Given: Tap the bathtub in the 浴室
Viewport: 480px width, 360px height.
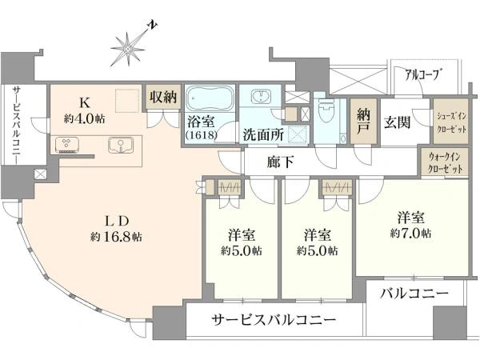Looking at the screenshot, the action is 210,98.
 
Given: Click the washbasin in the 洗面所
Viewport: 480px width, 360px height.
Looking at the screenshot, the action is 261,96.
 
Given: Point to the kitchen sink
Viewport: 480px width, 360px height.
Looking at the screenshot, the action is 121,145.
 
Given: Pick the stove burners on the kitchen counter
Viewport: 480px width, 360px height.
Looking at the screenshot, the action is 67,145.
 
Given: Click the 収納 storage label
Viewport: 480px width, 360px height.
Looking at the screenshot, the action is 163,97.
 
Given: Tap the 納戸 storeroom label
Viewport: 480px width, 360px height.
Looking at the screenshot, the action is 363,122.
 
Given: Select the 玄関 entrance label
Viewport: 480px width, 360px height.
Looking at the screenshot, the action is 398,122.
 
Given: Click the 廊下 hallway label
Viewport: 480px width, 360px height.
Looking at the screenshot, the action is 281,162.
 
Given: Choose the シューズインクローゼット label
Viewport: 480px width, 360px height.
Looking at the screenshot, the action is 451,122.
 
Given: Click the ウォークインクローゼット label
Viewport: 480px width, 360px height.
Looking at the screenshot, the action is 445,163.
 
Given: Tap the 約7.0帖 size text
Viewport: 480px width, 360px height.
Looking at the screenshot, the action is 411,234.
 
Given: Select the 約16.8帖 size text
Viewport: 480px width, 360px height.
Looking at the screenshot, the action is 116,237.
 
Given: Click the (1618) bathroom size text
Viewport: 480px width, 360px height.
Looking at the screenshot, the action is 202,135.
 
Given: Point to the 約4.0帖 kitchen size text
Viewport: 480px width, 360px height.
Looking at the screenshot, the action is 85,118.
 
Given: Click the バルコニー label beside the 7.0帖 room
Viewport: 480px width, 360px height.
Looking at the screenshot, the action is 414,294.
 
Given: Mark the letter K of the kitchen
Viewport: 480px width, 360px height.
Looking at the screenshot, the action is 85,103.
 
